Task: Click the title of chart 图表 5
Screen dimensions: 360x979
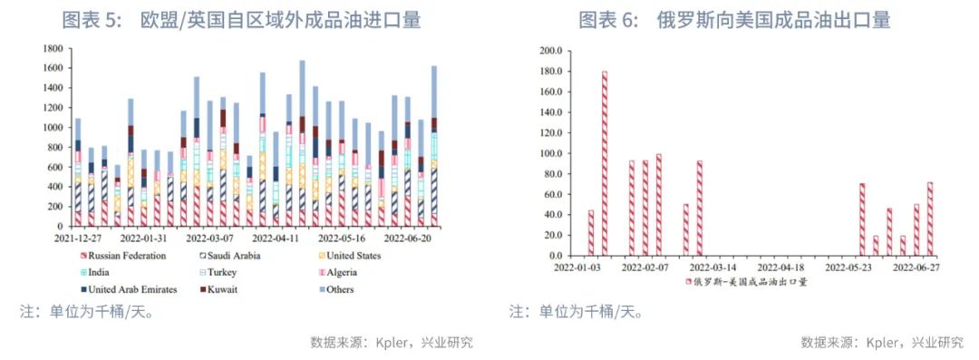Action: (x=241, y=20)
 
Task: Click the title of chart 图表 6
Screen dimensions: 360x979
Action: (x=734, y=20)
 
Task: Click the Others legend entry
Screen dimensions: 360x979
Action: (x=334, y=290)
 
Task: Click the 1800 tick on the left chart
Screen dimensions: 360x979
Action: (x=52, y=49)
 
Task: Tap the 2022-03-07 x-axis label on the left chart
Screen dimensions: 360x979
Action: (x=212, y=239)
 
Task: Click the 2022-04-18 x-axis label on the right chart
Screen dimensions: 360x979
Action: (x=781, y=268)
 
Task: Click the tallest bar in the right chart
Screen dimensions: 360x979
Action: (x=605, y=163)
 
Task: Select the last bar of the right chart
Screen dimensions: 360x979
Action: (x=930, y=219)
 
